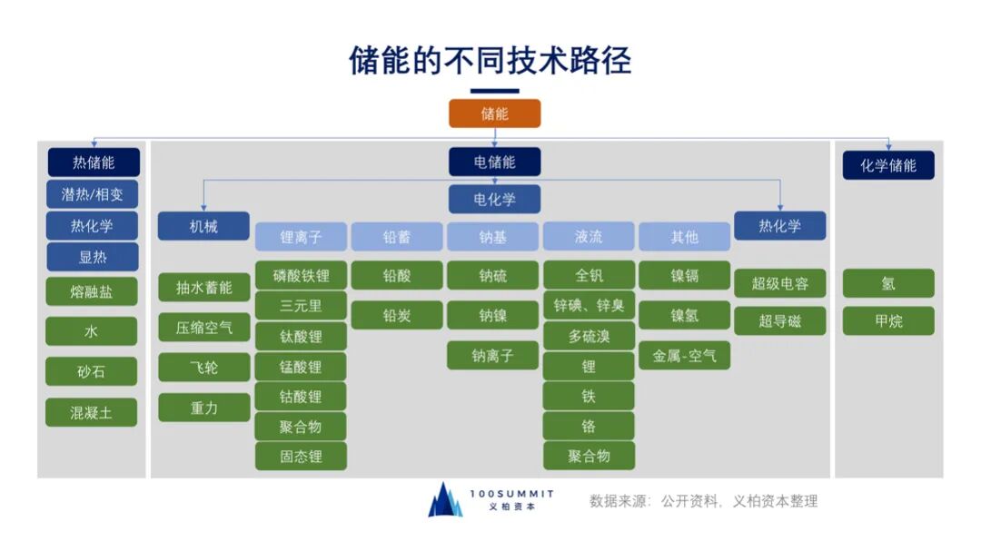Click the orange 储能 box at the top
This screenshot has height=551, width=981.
tap(495, 113)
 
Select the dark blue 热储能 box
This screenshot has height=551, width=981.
tap(94, 163)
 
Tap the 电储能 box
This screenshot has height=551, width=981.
tap(495, 162)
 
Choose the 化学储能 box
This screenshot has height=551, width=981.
tap(888, 165)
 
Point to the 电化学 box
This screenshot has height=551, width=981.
tap(495, 199)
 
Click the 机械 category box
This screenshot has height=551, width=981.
tap(203, 226)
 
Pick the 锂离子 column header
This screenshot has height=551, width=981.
tap(301, 237)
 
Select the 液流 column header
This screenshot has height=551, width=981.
tap(589, 237)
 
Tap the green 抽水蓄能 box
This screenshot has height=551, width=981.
tap(203, 288)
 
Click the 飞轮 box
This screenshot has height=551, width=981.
tap(203, 368)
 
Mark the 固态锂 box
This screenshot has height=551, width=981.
tap(301, 456)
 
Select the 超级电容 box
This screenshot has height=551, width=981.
tap(779, 283)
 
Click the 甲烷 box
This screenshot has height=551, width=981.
tap(888, 320)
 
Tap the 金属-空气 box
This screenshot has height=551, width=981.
tap(684, 355)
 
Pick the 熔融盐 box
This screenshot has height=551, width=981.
tap(92, 291)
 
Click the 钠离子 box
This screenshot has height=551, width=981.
tap(492, 355)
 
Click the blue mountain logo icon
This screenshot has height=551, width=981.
tap(445, 500)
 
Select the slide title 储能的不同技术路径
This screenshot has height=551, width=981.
tap(490, 60)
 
